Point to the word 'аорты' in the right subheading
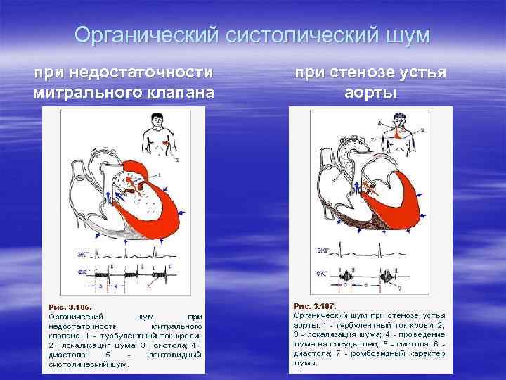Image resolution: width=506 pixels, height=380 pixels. click(x=370, y=92)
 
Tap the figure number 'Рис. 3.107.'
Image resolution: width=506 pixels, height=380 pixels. click(x=315, y=306)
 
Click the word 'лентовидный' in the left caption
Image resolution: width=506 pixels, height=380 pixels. click(x=174, y=355)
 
